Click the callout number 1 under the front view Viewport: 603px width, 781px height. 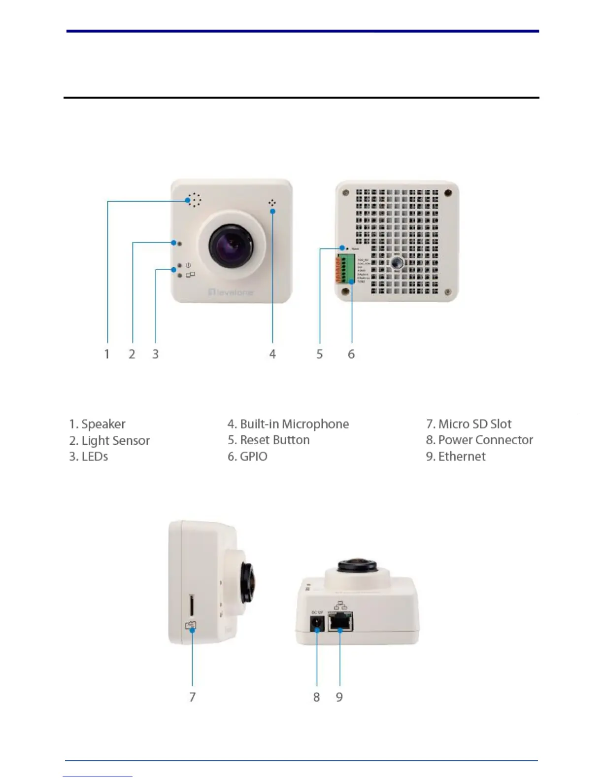107,354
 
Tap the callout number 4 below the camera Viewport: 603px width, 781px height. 272,354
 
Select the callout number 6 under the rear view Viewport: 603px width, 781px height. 351,354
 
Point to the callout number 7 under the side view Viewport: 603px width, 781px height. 193,697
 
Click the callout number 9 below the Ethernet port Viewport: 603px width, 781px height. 339,697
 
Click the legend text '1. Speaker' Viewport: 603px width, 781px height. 97,424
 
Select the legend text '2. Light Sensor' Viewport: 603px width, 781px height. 109,440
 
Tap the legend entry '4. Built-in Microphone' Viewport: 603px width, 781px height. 288,424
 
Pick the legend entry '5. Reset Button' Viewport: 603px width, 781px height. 268,440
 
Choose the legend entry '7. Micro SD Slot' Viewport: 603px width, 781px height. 469,424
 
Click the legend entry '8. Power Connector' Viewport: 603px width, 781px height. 479,440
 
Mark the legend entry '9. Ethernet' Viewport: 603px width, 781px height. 456,456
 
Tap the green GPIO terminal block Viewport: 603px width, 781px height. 348,269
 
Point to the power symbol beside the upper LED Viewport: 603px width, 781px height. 188,266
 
